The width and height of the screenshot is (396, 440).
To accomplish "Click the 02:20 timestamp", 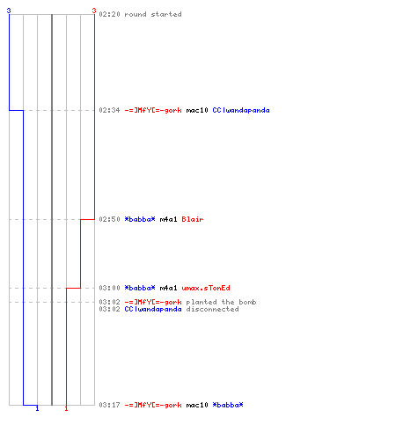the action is (x=109, y=14).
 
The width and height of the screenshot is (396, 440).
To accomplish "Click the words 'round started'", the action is (x=153, y=14).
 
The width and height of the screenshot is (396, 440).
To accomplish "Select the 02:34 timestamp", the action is (x=109, y=110).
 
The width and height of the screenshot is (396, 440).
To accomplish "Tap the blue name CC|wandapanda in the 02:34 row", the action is (x=241, y=110).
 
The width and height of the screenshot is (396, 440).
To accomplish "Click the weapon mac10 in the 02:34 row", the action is (x=197, y=110).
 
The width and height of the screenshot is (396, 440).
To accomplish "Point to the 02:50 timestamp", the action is (x=109, y=219).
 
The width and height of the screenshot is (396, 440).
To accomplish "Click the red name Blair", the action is (x=193, y=219).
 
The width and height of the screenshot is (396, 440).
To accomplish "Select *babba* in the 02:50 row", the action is (x=140, y=219).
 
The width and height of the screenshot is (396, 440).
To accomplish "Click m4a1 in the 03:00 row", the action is (x=168, y=288).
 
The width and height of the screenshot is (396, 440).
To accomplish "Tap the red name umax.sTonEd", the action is (x=206, y=288).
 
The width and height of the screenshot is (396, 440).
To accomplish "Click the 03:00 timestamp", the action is (x=109, y=288).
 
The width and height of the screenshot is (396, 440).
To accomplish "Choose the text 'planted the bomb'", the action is (x=221, y=302).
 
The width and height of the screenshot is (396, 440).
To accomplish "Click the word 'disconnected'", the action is (x=212, y=309).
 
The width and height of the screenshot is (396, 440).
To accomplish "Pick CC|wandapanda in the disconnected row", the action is (x=153, y=309).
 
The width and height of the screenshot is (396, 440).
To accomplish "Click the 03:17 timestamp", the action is (x=109, y=405).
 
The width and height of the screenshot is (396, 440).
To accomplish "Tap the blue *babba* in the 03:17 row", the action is (x=228, y=405).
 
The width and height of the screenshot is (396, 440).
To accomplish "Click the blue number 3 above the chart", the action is (x=9, y=11).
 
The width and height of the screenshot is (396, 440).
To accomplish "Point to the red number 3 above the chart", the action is (x=94, y=11).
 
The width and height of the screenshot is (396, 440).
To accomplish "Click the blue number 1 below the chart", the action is (x=37, y=408).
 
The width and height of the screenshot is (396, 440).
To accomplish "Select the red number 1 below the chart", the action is (x=66, y=408).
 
